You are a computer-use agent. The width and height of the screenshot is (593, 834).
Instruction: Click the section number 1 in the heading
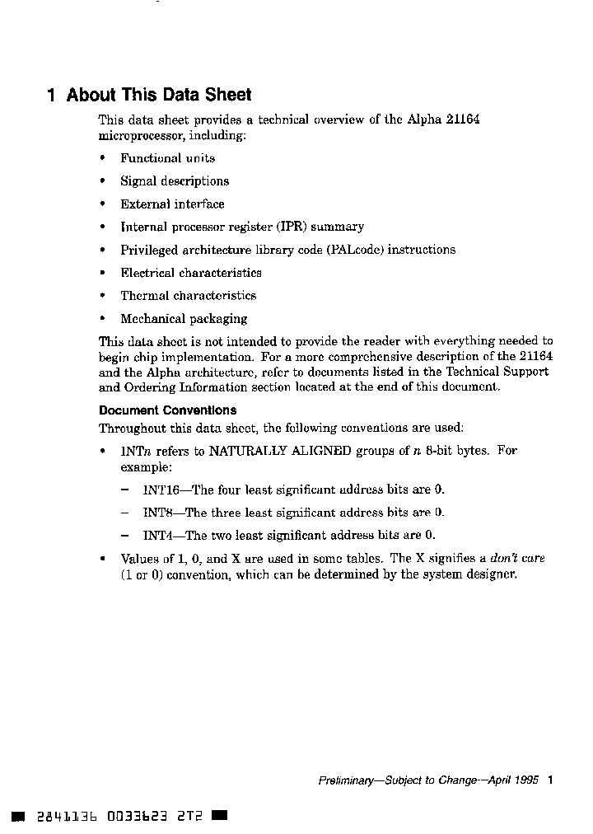(51, 96)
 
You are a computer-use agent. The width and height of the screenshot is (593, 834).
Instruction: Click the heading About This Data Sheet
(158, 96)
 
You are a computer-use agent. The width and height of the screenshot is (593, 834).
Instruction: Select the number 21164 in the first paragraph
(462, 119)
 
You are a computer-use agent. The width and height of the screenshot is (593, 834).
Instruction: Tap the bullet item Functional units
(167, 158)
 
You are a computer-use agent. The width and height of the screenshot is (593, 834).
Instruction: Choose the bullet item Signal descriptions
(175, 181)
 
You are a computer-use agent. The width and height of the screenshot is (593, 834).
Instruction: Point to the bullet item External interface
(172, 204)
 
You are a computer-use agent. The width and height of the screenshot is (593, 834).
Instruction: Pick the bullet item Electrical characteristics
(191, 273)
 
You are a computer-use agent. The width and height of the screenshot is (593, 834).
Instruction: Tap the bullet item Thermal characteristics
(188, 296)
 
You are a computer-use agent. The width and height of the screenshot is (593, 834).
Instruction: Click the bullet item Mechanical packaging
(184, 319)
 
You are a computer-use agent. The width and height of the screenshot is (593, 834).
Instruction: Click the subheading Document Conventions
(167, 410)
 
